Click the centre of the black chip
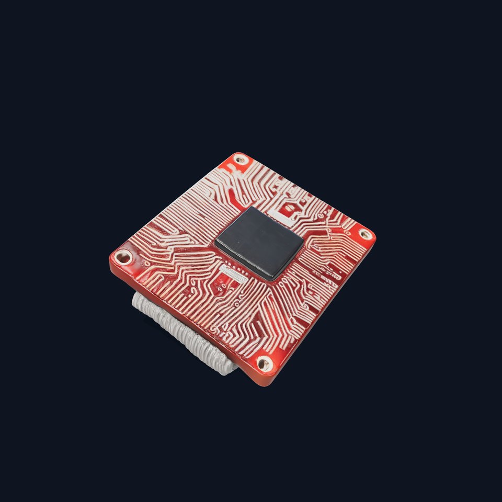(259, 242)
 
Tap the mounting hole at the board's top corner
(242, 159)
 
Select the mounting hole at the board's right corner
(366, 235)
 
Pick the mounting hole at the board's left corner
(123, 257)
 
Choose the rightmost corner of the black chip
(303, 239)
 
